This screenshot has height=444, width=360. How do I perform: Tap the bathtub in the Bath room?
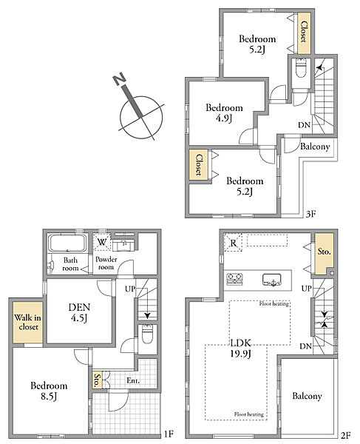point(67,243)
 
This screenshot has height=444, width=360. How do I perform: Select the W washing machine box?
point(102,242)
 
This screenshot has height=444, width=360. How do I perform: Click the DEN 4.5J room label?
point(79,312)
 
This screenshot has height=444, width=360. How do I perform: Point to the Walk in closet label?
point(27,322)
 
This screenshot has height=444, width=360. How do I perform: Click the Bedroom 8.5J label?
point(49,391)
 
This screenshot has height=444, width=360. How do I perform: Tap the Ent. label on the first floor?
point(133,380)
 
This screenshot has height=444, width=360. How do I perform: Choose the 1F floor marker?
point(169,434)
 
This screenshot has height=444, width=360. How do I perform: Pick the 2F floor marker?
point(345,435)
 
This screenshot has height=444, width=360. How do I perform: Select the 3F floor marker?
point(310,214)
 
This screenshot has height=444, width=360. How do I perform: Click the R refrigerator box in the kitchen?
point(234,243)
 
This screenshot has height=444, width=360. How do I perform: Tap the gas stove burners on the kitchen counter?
point(235,278)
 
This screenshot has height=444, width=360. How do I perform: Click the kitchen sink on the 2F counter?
point(271,280)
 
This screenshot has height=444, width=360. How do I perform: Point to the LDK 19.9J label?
point(241,348)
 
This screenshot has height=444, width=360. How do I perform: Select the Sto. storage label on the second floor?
point(324,251)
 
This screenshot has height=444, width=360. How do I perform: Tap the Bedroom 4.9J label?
point(224,112)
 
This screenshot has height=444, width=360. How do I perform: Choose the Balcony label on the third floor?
point(315,147)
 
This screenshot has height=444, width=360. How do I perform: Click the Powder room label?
point(106,263)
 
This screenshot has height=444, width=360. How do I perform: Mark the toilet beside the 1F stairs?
point(147,334)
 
